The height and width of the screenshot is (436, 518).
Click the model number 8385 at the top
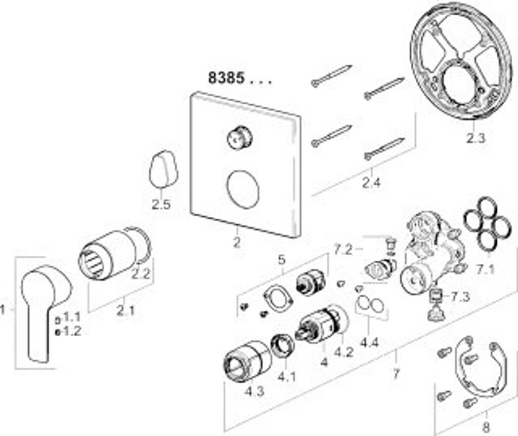click(227, 78)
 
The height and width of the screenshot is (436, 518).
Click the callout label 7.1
click(485, 269)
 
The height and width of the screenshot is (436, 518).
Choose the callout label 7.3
click(461, 297)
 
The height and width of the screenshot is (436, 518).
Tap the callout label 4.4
click(369, 343)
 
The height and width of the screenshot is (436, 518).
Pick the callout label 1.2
click(72, 332)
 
